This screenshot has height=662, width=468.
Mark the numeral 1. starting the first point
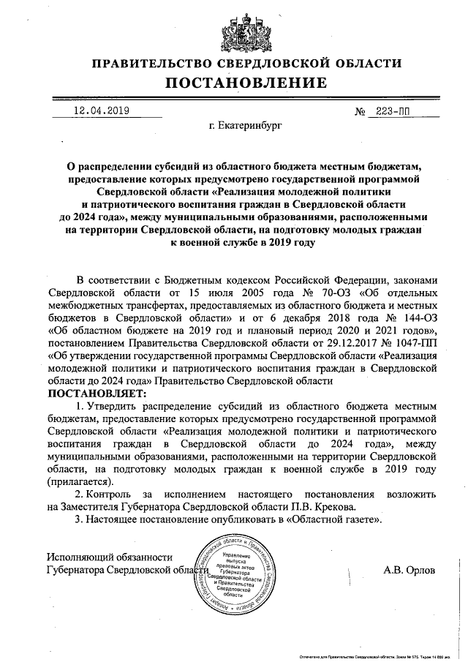[80, 406]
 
